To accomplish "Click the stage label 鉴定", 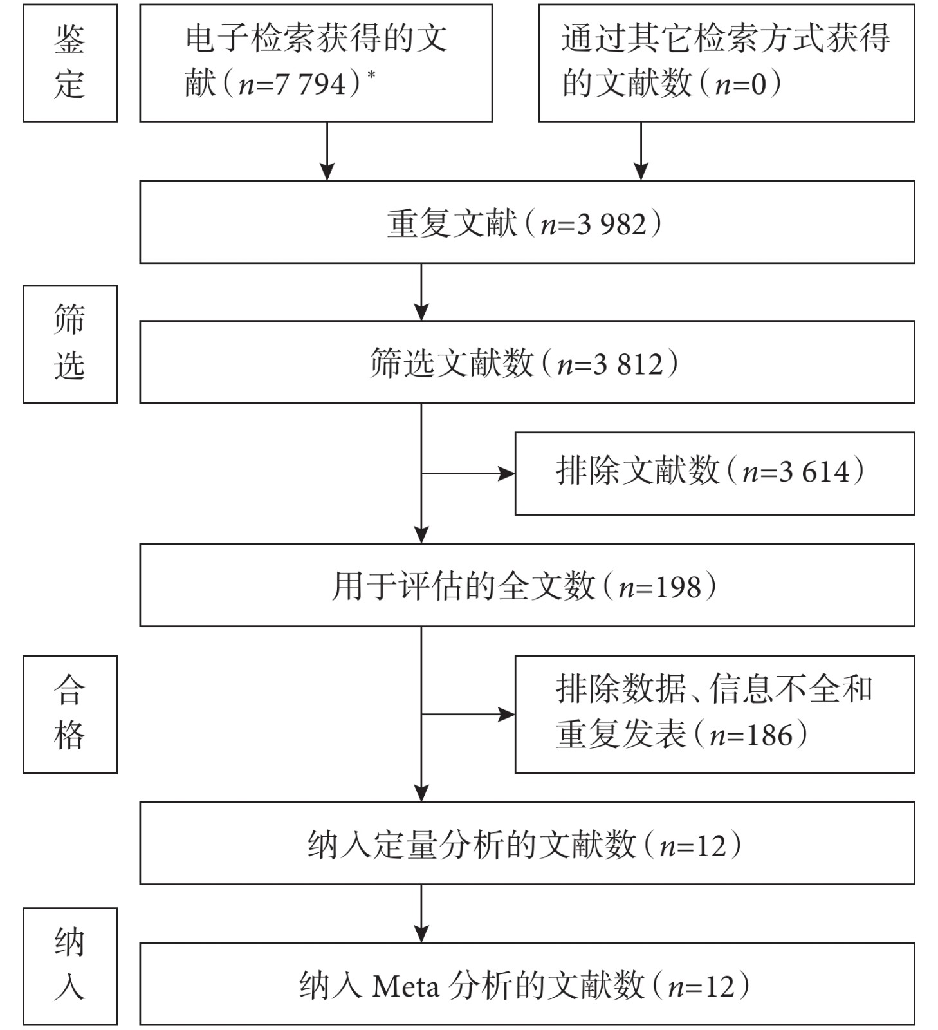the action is tap(69, 62).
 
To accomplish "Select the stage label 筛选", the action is tap(69, 344).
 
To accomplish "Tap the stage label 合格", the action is tap(69, 713).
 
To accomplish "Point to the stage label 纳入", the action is tap(69, 965).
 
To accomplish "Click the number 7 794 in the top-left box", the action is tap(311, 84).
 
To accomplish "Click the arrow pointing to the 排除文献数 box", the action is tap(468, 474).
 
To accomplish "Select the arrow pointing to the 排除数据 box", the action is tap(468, 714).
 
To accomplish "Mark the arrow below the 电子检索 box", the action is tap(327, 151).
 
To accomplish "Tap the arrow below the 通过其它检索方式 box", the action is tap(641, 151).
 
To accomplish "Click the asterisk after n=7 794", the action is tap(371, 75).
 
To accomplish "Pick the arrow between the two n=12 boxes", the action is tap(421, 913).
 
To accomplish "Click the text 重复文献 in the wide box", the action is tap(452, 223).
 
